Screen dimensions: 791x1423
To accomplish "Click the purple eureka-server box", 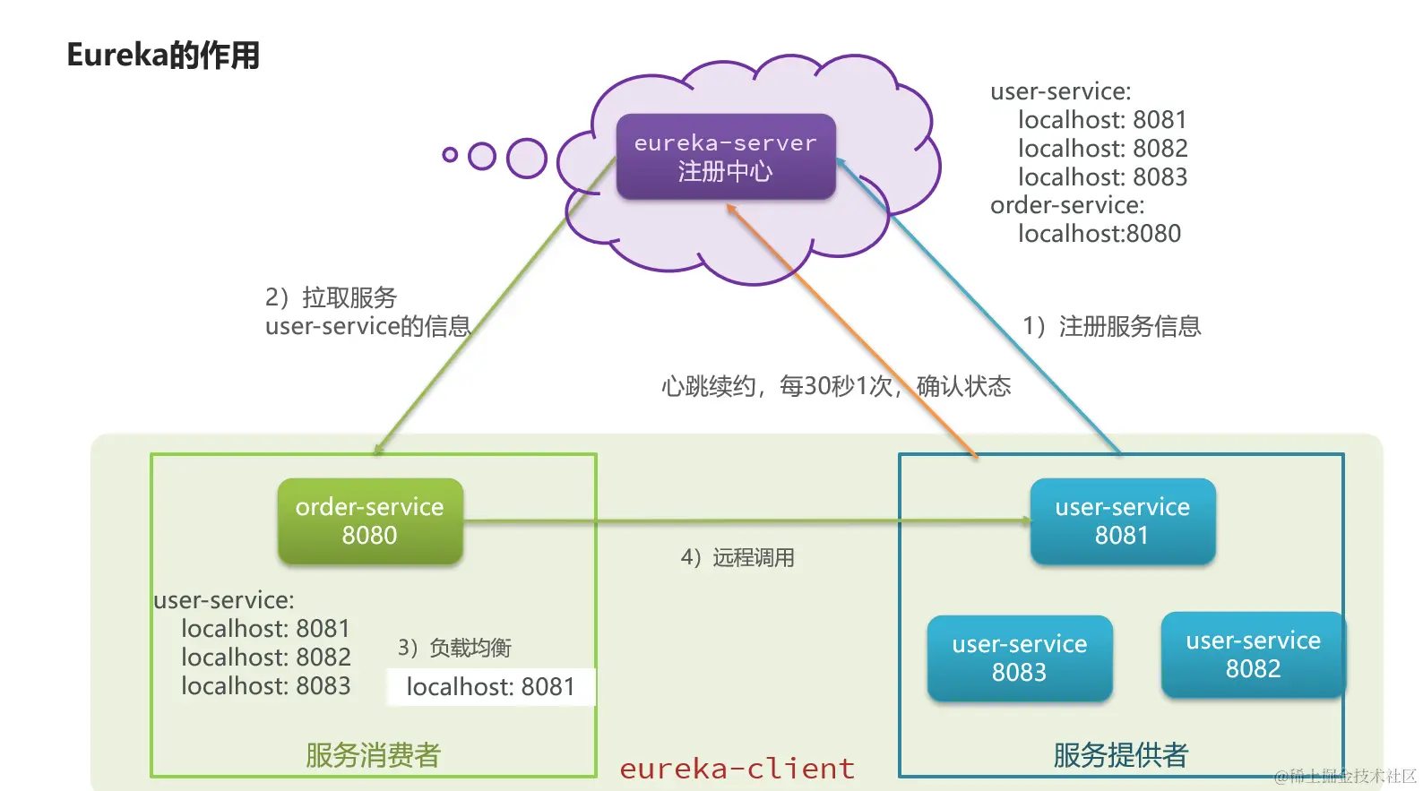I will tap(725, 156).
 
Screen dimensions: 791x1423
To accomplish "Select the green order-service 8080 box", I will tap(369, 520).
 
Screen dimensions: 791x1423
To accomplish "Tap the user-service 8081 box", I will tap(1122, 520).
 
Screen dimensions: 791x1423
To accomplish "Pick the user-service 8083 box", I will tap(1019, 658).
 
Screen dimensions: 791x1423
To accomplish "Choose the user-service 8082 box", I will tap(1253, 654).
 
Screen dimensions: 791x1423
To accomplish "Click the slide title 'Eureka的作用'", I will tap(163, 56).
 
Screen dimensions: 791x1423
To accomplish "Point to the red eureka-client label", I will tap(737, 769).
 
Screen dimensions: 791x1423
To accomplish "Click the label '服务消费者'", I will tap(373, 755).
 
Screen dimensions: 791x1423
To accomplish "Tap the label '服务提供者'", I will tap(1120, 755).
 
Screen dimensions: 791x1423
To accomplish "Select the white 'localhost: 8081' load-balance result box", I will tap(490, 687).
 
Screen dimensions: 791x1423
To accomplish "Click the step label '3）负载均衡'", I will tap(454, 648).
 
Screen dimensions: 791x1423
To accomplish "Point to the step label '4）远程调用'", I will tap(737, 558).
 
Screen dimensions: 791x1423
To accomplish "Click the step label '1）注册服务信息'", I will tap(1111, 326).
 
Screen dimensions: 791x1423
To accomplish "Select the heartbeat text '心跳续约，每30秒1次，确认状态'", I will tap(835, 386).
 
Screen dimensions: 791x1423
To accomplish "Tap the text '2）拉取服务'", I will tap(331, 297).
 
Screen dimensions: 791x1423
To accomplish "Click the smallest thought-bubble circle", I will tap(450, 155).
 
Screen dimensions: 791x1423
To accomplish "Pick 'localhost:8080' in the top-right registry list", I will tap(1099, 234).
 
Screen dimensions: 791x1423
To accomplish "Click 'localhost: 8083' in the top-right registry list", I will tap(1102, 177).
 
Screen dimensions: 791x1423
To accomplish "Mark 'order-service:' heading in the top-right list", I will tap(1067, 205).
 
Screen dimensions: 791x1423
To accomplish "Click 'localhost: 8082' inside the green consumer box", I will tap(265, 658).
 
